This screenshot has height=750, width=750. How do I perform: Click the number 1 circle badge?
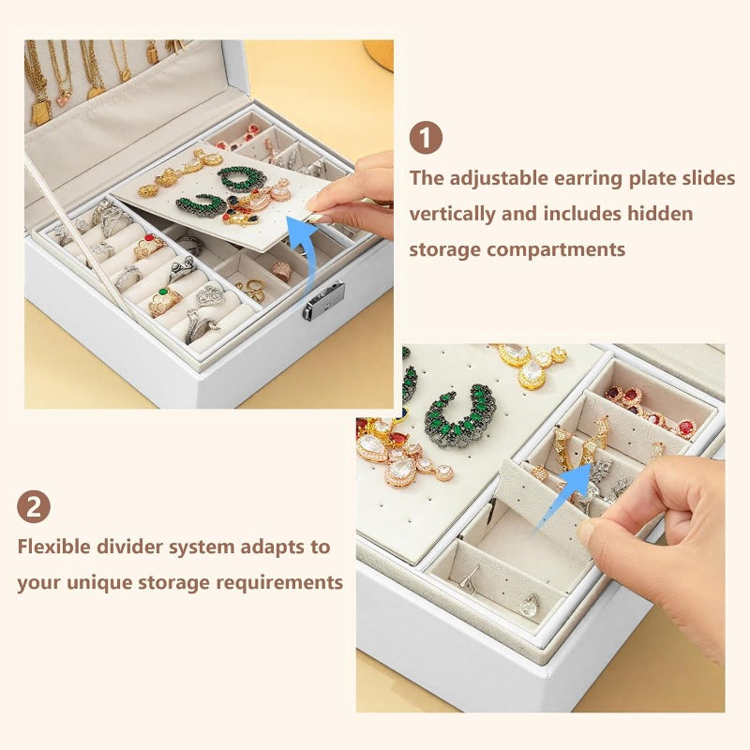coord(426,138)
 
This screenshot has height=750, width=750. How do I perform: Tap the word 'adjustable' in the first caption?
coord(499,178)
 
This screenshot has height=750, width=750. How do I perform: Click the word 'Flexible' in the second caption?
coord(54,546)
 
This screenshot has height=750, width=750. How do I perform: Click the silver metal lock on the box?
coord(323,300)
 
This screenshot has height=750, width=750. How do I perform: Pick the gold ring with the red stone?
coord(149,247)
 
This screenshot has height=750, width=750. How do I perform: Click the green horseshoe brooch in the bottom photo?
coord(458,414)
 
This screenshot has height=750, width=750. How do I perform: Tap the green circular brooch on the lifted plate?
coord(242,179)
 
